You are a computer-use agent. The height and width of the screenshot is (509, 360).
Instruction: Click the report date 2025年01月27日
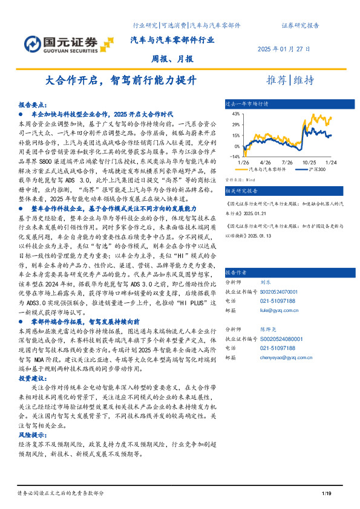[x=284, y=49]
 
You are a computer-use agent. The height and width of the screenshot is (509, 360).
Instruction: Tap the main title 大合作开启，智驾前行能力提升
[x=121, y=80]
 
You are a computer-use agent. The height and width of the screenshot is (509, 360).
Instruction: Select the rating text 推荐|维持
[x=290, y=80]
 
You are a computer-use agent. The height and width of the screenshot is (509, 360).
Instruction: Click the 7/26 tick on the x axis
[x=287, y=163]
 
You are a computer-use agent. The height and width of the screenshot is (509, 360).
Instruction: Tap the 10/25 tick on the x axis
[x=310, y=163]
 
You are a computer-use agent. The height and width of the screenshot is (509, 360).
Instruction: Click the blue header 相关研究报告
[x=241, y=190]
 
